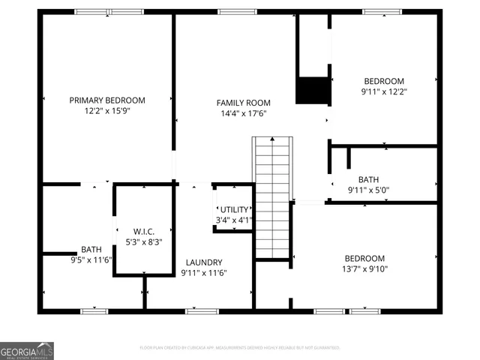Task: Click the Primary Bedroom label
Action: [107, 100]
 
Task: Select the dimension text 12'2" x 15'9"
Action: [107, 111]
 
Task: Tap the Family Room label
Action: [243, 103]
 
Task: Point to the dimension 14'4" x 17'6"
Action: [243, 114]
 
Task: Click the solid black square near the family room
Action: [313, 91]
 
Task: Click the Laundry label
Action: [203, 262]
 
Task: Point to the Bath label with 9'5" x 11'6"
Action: [91, 249]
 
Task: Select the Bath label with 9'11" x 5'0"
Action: [368, 179]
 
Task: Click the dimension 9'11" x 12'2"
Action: [384, 92]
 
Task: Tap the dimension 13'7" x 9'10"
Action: [364, 269]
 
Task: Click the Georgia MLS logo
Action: [27, 351]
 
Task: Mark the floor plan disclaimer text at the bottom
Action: [240, 348]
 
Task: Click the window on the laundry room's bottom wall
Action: [202, 310]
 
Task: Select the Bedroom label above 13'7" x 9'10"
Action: [364, 258]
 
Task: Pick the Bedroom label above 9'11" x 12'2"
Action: [384, 81]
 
